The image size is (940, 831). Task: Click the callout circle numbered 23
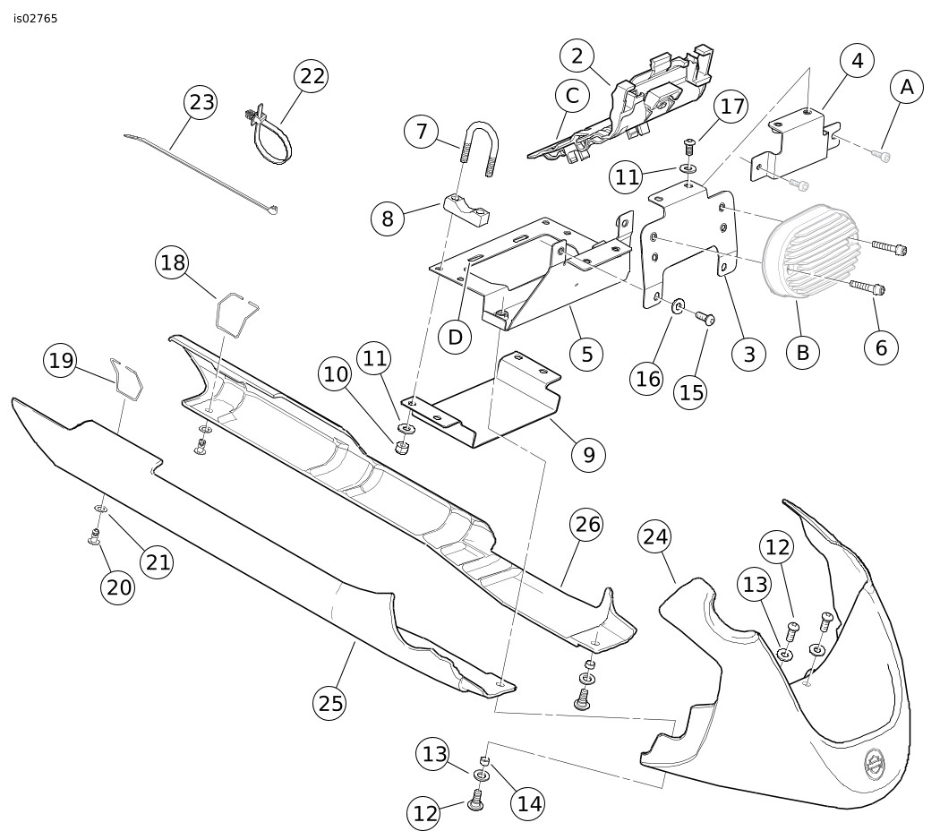[201, 102]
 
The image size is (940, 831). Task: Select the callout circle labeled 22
[312, 77]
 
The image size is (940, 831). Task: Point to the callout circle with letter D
[456, 338]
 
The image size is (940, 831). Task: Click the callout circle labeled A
[907, 88]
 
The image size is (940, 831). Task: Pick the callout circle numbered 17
[732, 107]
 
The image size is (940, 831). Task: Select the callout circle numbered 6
[881, 347]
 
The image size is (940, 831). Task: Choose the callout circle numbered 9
[588, 455]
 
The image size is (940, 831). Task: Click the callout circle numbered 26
[587, 525]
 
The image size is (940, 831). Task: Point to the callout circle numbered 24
[655, 537]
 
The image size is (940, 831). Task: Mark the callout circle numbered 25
[330, 704]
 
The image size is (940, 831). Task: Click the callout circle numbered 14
[529, 804]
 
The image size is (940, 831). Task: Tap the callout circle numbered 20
[118, 587]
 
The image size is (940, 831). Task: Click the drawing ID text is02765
[36, 18]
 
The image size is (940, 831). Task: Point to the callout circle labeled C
[573, 95]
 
